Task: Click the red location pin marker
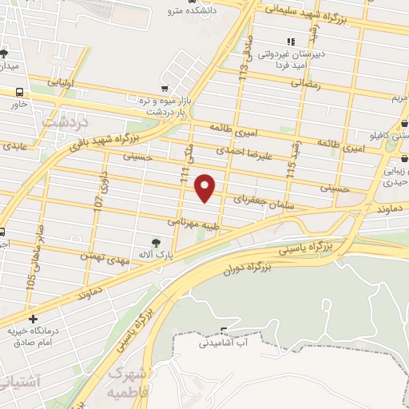click(206, 188)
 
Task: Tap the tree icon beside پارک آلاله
click(157, 242)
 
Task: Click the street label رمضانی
click(305, 82)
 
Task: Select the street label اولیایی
click(63, 82)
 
